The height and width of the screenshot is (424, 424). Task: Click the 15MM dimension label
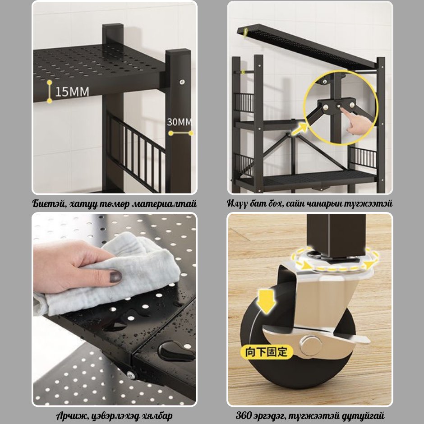(72, 92)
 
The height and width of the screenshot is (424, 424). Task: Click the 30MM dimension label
(179, 122)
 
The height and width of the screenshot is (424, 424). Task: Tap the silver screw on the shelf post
(182, 82)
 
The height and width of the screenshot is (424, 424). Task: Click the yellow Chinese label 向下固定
(266, 352)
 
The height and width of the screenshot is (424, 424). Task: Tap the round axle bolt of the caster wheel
(311, 345)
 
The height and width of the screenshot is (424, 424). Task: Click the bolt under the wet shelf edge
(131, 375)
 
